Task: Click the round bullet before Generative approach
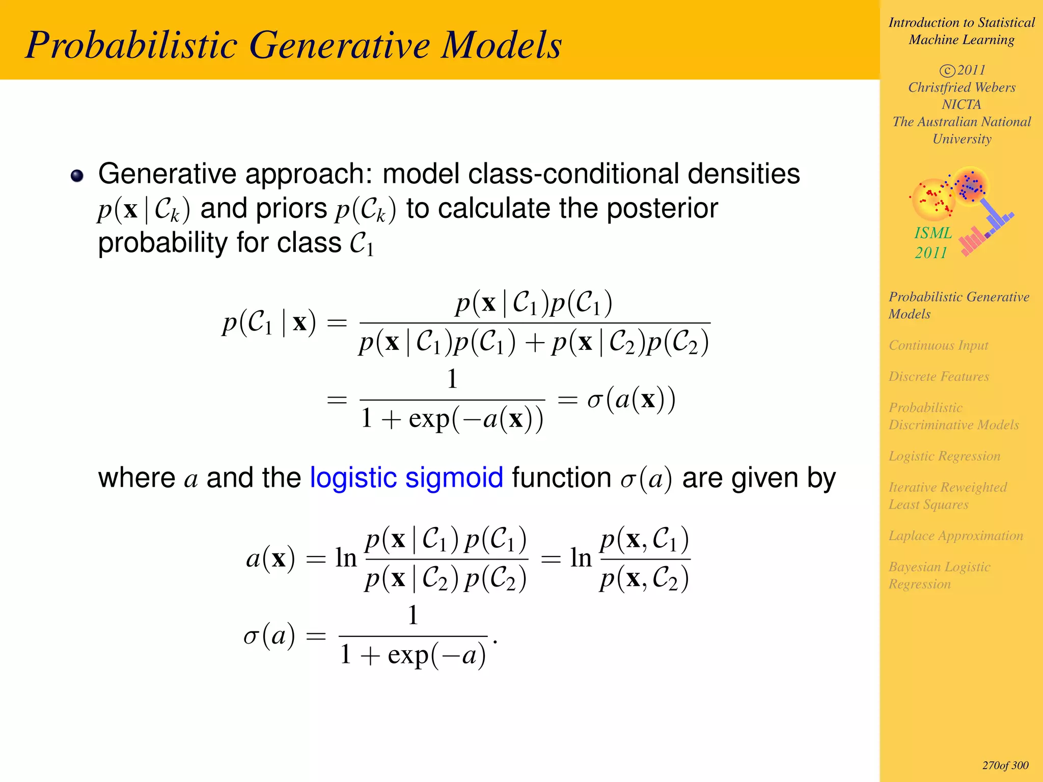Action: (x=77, y=176)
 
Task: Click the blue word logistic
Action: (x=353, y=479)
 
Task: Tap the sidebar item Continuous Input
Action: (x=938, y=345)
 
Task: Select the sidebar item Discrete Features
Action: (x=939, y=376)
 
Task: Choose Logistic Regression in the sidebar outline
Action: (x=944, y=456)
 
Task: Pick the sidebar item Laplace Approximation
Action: (x=955, y=536)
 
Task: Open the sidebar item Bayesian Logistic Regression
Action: (x=939, y=575)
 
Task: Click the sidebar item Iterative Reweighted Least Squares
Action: (x=947, y=495)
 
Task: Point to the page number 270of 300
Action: (x=1005, y=765)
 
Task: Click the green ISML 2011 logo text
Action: (x=932, y=242)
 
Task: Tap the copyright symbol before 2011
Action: (x=947, y=70)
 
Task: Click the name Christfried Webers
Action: (x=962, y=87)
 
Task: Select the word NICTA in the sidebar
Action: (x=961, y=104)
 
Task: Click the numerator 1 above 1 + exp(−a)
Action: (x=413, y=615)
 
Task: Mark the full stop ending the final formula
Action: (x=495, y=643)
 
